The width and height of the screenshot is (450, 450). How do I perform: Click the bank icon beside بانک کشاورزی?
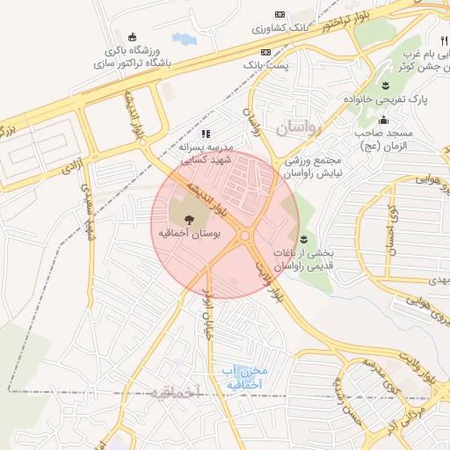tap(280, 15)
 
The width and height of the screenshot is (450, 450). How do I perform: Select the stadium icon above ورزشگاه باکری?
tap(132, 37)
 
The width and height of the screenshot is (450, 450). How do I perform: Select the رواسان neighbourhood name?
tap(300, 128)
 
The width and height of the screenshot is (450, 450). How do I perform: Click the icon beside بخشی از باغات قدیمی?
tap(303, 238)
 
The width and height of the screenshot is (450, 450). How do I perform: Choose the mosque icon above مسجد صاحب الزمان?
tap(382, 120)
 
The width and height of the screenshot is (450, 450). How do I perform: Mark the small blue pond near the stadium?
tap(185, 39)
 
